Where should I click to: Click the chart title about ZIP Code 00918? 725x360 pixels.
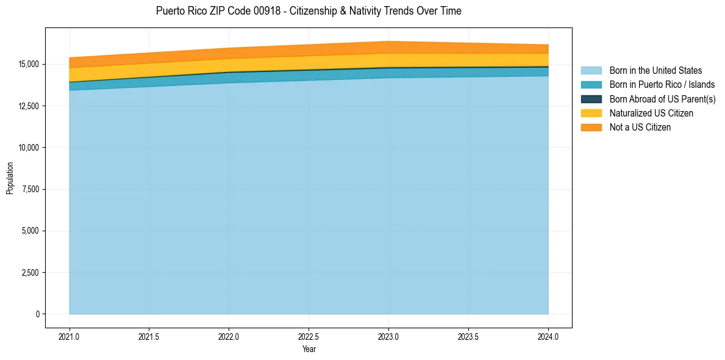coord(309,11)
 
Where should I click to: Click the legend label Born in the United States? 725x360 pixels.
coord(655,71)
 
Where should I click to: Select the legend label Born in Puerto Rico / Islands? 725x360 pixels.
coord(662,85)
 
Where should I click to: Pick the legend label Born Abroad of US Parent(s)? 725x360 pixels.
coord(662,99)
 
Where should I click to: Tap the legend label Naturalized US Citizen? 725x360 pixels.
coord(651,113)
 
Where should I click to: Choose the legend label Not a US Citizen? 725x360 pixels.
coord(640,128)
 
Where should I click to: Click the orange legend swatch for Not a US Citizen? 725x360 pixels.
coord(591,128)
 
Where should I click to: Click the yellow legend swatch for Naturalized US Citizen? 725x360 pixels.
coord(591,113)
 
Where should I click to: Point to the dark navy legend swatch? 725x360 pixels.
coord(591,99)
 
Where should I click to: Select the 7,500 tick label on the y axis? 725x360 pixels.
coord(29,189)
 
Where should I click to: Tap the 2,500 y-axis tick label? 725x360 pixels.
coord(29,273)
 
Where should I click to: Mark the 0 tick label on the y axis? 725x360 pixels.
coord(37,314)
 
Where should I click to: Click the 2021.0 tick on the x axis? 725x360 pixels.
coord(70,336)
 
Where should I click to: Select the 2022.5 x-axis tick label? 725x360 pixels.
coord(309,336)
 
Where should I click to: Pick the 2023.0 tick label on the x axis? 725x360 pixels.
coord(388,336)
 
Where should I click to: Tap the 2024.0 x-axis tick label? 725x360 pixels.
coord(548,336)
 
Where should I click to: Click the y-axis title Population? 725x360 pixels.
coord(10,178)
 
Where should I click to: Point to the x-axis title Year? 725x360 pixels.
coord(309,350)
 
